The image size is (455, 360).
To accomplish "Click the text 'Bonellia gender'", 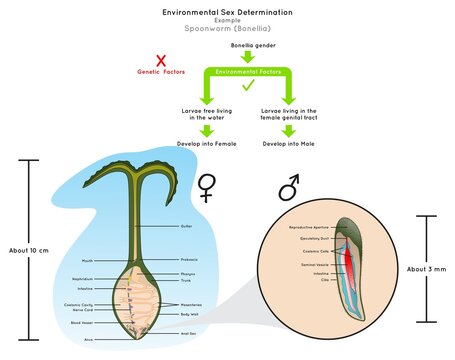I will [x=253, y=46].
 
